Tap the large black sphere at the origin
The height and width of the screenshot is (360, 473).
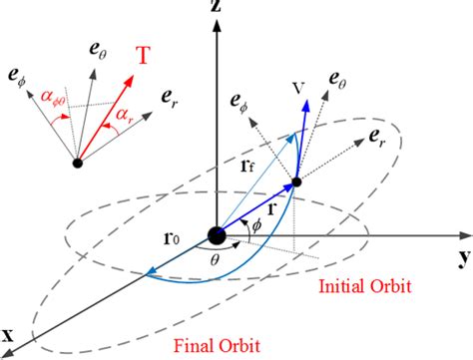[x=216, y=236]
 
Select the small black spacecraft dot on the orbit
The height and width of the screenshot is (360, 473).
[x=296, y=182]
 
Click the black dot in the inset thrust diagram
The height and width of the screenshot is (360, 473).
[x=76, y=162]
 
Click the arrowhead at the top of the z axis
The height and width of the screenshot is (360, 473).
[x=216, y=29]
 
